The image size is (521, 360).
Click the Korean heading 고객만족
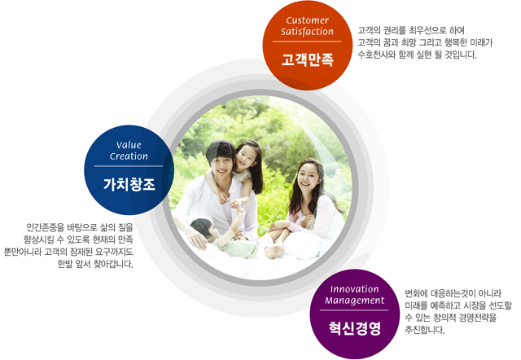pyautogui.click(x=308, y=59)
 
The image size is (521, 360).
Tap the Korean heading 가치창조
pyautogui.click(x=129, y=184)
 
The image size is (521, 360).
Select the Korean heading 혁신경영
pyautogui.click(x=355, y=328)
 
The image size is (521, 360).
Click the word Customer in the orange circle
pyautogui.click(x=308, y=20)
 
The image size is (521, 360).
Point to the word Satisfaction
pyautogui.click(x=308, y=32)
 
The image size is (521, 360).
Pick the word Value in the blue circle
pyautogui.click(x=129, y=145)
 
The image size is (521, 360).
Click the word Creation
pyautogui.click(x=129, y=156)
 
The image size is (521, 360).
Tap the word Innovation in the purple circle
pyautogui.click(x=355, y=289)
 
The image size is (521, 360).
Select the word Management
pyautogui.click(x=355, y=301)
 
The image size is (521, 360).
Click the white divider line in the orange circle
pyautogui.click(x=307, y=42)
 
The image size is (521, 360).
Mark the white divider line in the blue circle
pyautogui.click(x=129, y=166)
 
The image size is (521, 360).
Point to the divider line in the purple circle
pyautogui.click(x=354, y=310)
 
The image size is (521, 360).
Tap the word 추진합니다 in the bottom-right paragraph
pyautogui.click(x=424, y=330)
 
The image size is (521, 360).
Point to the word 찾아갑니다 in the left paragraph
pyautogui.click(x=113, y=264)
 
